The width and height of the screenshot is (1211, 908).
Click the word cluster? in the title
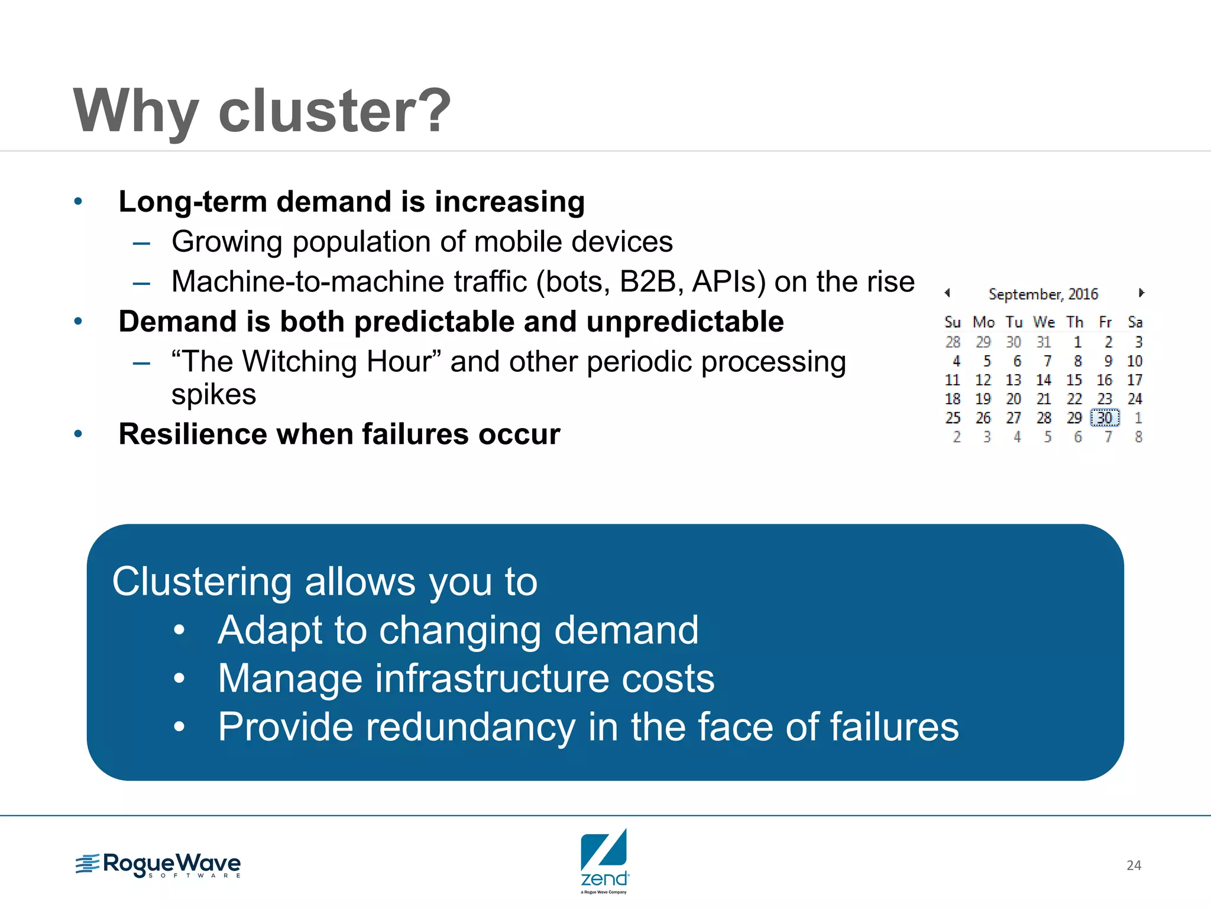point(334,111)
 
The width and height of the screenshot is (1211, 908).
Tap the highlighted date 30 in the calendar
point(1105,418)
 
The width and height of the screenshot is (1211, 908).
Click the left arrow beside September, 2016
point(947,293)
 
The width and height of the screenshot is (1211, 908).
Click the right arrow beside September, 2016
point(1141,293)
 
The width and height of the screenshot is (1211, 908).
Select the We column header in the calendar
point(1044,322)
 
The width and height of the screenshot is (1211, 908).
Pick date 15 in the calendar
point(1074,380)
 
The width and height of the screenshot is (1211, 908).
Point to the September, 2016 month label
point(1043,294)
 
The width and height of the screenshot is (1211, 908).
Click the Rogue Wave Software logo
point(158,865)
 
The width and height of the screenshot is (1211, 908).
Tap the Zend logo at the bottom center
point(604,860)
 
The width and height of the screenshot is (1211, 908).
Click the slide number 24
point(1134,865)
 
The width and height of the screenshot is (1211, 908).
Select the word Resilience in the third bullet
point(193,434)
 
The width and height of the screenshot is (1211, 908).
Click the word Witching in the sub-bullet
point(299,361)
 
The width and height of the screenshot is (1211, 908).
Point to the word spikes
point(213,394)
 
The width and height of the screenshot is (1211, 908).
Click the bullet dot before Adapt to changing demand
point(179,630)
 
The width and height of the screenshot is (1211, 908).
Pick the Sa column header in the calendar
point(1135,322)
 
